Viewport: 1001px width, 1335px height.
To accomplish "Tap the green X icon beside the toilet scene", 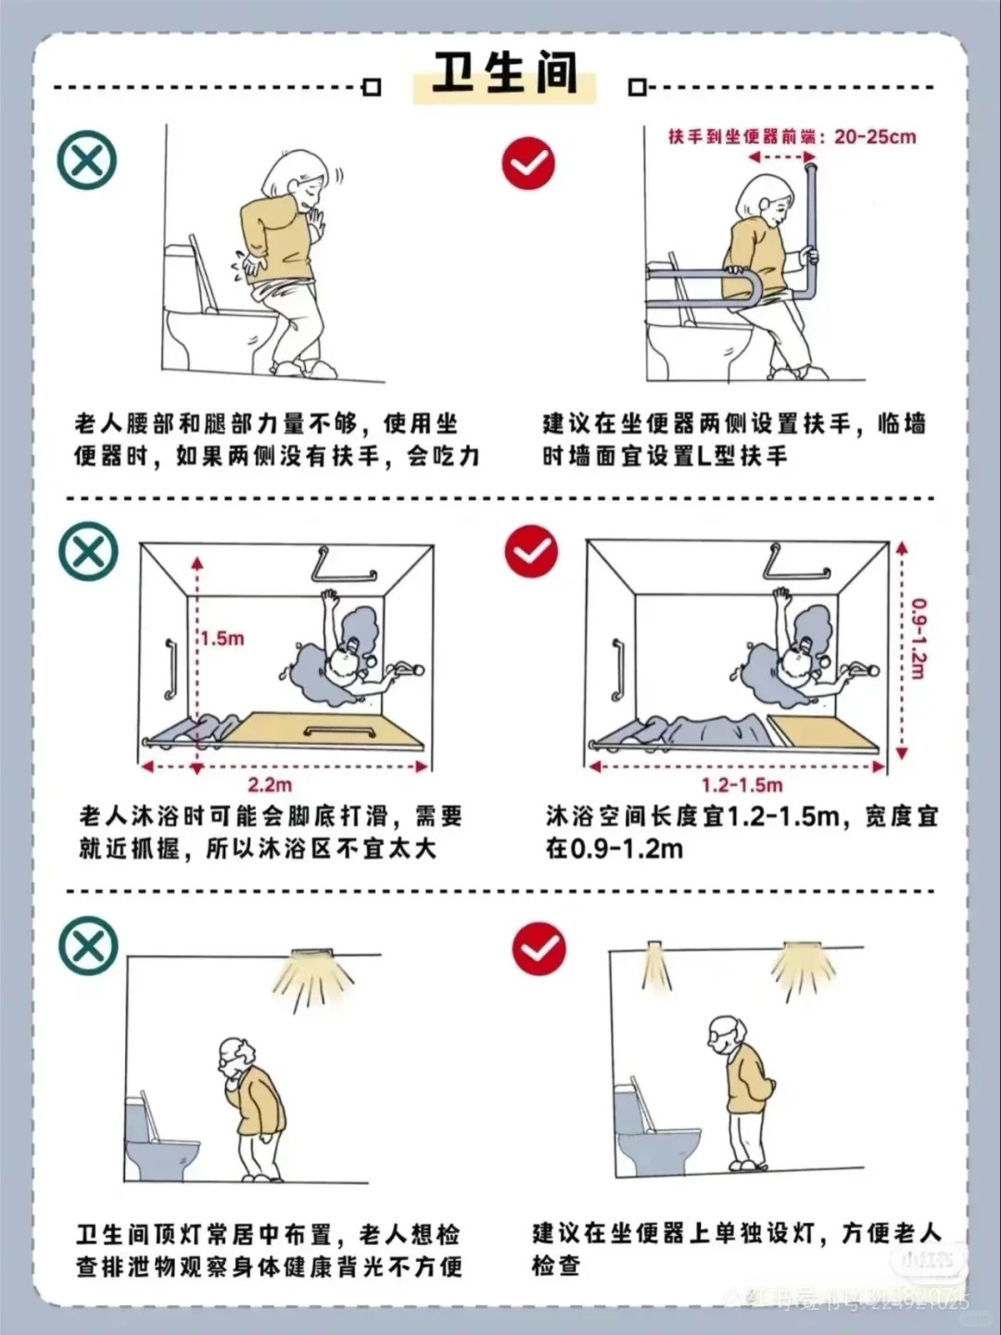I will coord(87,160).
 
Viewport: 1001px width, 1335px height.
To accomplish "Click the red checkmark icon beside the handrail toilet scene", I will coord(528,164).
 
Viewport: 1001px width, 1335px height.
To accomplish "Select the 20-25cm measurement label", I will coord(874,137).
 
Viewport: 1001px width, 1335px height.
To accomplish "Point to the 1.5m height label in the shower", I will coord(222,638).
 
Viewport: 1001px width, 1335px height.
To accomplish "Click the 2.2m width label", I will coord(270,786).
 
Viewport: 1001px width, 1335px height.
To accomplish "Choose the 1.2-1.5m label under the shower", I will coord(741,786).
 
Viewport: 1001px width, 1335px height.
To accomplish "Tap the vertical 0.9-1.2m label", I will coord(918,638).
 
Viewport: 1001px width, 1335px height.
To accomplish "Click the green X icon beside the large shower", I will coord(88,552).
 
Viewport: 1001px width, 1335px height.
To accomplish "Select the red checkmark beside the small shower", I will coord(531,552).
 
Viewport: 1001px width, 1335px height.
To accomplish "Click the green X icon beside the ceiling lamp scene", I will coord(88,946).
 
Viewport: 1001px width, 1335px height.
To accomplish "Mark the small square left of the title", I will coord(372,87).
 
